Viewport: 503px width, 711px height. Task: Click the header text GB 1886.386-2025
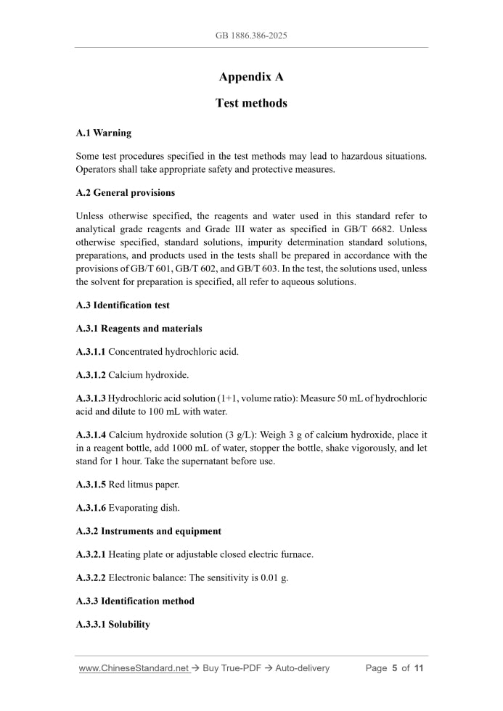click(251, 35)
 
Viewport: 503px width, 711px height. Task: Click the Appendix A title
click(251, 77)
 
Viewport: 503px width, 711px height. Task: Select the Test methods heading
click(251, 103)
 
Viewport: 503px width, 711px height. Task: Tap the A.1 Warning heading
click(103, 133)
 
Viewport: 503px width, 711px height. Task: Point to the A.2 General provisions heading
click(125, 193)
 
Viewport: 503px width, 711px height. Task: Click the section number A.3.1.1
click(91, 352)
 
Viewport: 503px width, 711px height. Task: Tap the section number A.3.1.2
click(91, 375)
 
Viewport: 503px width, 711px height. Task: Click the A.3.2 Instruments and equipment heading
click(149, 531)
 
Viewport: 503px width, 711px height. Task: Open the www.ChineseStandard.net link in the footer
click(134, 668)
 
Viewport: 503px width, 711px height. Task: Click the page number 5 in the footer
click(395, 668)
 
